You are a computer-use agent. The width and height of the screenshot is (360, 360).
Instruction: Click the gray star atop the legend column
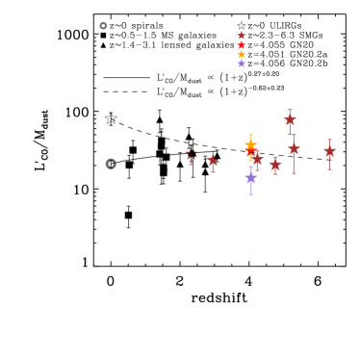pos(242,26)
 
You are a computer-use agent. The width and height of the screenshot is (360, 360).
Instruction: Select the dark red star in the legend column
pos(242,36)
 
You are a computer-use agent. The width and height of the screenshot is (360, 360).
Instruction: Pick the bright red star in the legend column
pos(242,45)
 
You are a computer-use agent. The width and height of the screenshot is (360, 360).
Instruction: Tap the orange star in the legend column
pos(242,55)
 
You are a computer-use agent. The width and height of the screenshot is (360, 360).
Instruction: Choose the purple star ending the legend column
pos(242,64)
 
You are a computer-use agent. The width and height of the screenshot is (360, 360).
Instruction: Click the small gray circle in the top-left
pos(103,26)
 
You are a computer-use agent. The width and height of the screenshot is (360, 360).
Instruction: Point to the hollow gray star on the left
pos(111,118)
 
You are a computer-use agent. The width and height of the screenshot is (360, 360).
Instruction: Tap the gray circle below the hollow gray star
pos(111,164)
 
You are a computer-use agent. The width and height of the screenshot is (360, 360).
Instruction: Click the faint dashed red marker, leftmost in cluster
pos(191,155)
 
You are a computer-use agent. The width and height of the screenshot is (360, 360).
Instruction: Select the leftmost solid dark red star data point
pos(213,161)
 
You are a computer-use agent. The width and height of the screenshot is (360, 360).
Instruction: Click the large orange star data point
pos(250,144)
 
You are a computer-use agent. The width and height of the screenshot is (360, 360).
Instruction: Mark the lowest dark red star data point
pos(275,166)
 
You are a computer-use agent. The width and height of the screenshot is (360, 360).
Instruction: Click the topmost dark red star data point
pos(290,120)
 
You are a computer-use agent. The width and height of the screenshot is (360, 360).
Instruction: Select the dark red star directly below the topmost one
pos(294,148)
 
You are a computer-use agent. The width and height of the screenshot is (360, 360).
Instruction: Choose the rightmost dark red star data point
pos(329,150)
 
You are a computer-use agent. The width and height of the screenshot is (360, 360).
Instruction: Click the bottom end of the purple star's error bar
pos(251,194)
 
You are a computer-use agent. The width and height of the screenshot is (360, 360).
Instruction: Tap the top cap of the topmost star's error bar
pos(290,110)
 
